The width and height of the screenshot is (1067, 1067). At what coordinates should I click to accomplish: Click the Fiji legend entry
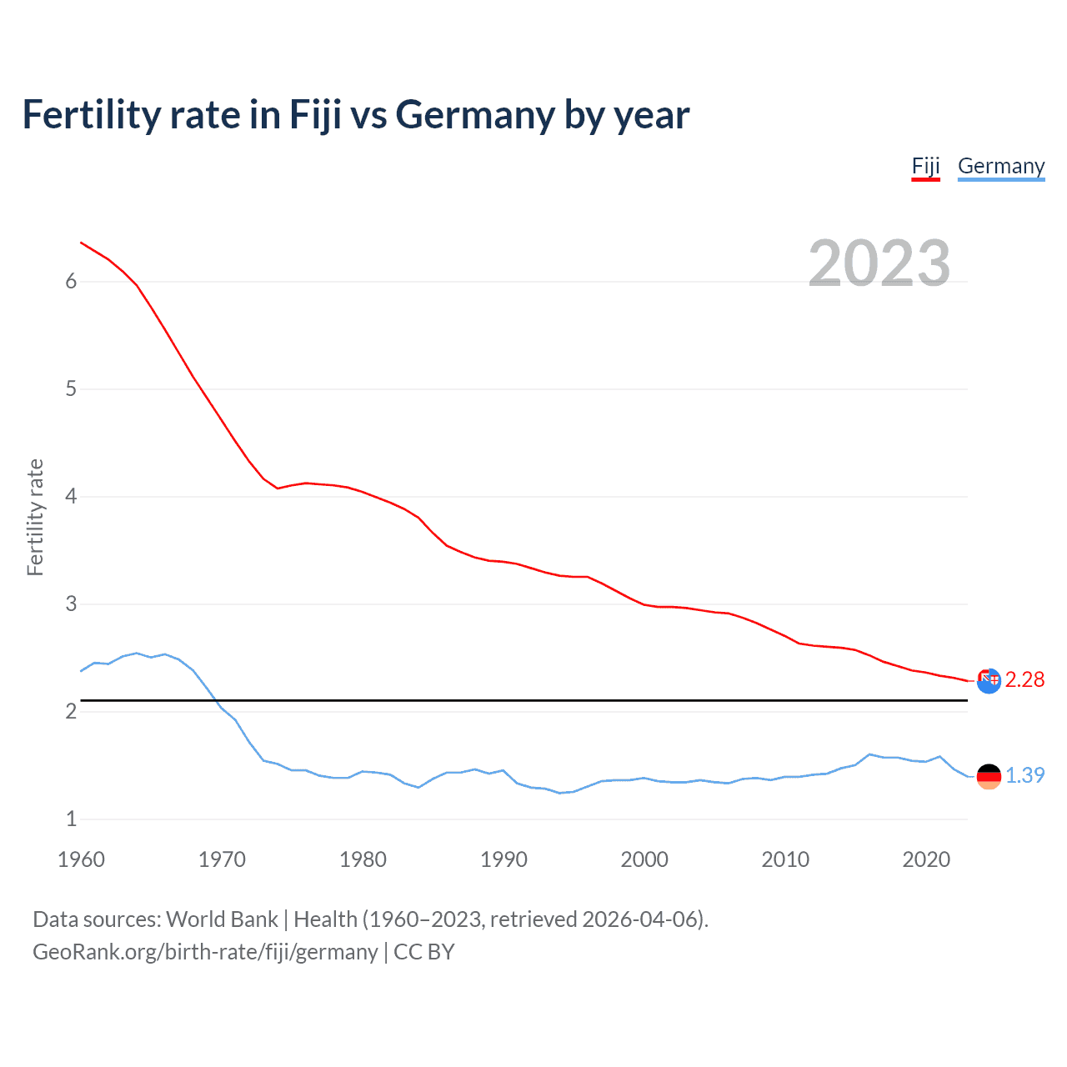tap(925, 166)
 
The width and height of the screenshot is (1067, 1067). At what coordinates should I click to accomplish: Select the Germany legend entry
tap(1000, 166)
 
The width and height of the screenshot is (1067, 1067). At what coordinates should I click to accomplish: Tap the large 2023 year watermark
tap(879, 263)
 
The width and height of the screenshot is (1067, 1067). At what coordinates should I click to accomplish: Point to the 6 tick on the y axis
tap(71, 282)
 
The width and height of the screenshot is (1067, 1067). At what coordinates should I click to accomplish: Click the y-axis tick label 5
tap(71, 389)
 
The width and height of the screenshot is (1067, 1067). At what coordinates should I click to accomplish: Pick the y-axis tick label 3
tap(71, 604)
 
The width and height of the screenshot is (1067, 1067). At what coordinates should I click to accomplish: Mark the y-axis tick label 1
tap(71, 819)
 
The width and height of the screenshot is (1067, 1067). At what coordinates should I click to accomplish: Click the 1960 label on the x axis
tap(81, 859)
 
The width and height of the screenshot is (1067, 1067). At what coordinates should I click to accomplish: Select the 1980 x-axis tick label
tap(363, 859)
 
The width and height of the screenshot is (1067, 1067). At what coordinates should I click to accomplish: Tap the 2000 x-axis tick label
tap(644, 859)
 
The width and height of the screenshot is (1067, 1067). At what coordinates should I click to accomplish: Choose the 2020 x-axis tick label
tap(926, 859)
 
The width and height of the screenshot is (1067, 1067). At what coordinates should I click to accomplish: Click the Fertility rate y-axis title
tap(35, 517)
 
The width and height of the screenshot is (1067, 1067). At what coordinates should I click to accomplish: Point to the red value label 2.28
tap(1024, 680)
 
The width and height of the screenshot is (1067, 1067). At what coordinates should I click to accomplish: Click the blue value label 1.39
tap(1024, 775)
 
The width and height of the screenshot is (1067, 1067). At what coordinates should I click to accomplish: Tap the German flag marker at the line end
tap(989, 776)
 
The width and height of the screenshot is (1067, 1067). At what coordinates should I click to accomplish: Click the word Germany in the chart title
tap(475, 115)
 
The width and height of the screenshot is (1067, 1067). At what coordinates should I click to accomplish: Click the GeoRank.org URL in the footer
tap(205, 952)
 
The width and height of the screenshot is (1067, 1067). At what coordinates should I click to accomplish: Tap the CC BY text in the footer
tap(423, 952)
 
